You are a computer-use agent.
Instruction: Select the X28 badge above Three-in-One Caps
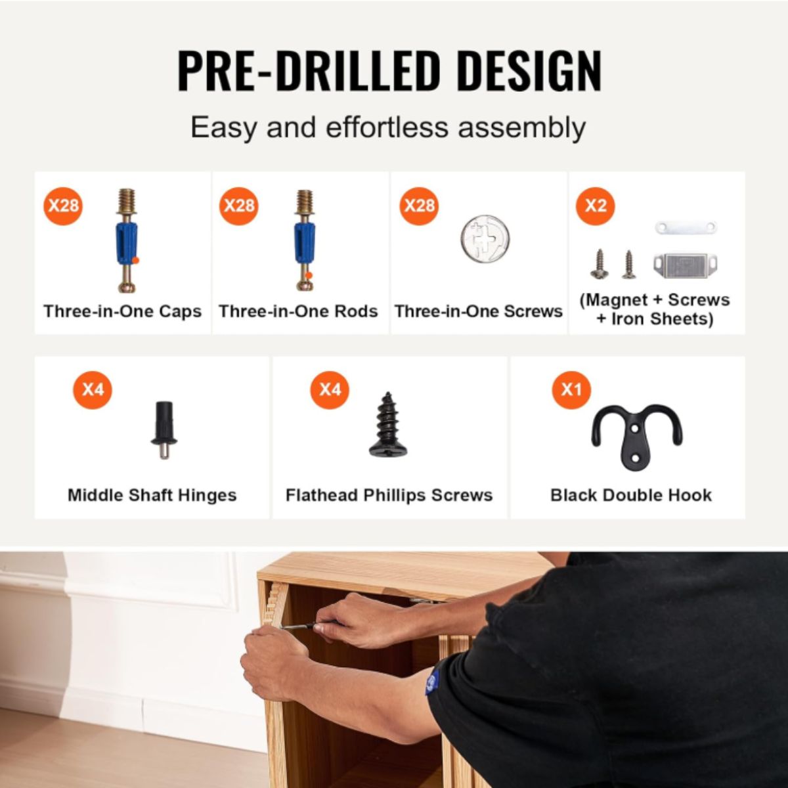coord(63,206)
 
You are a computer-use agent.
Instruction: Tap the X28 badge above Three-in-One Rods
coord(239,206)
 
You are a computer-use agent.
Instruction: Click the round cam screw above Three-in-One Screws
coord(485,239)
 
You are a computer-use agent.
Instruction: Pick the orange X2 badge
coord(596,206)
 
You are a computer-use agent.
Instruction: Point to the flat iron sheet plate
coord(686,227)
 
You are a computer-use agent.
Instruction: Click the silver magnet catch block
coord(686,266)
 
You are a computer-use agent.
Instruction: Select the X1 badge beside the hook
coord(571,389)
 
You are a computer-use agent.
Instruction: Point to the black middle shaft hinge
coord(164,429)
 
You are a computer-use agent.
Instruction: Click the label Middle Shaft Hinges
coord(152,495)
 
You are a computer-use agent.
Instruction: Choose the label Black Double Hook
coord(631,495)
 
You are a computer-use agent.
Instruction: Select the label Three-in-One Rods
coord(298,312)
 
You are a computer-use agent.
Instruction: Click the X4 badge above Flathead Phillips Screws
coord(330,389)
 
